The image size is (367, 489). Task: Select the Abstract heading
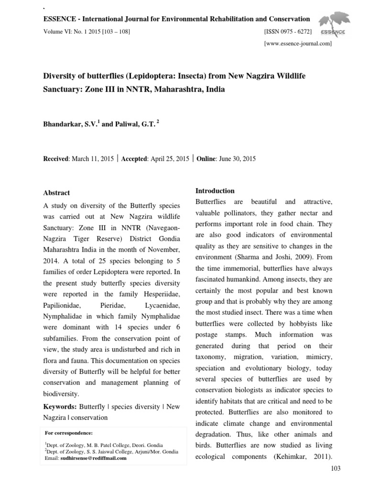point(56,193)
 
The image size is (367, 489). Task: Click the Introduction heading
point(215,191)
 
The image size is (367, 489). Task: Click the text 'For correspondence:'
point(68,433)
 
